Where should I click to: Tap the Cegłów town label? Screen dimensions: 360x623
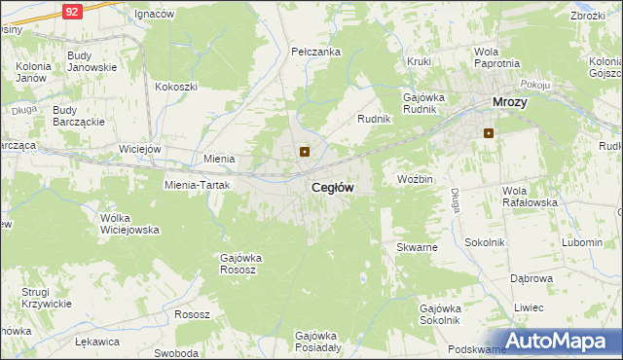point(332,187)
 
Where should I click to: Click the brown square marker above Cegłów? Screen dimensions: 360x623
point(305,151)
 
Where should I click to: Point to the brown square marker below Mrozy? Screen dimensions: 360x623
point(489,133)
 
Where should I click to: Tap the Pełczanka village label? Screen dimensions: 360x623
point(315,51)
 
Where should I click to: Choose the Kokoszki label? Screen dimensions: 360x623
point(175,86)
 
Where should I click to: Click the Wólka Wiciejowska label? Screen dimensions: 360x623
point(129,224)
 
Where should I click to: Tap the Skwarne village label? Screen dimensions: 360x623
point(417,247)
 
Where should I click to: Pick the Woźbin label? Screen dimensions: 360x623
point(415,180)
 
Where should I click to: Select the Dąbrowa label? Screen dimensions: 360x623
point(531,277)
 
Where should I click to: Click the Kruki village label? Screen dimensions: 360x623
point(420,61)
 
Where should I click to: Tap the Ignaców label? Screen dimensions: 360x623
point(154,15)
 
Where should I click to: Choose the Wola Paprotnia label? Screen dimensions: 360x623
point(495,57)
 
